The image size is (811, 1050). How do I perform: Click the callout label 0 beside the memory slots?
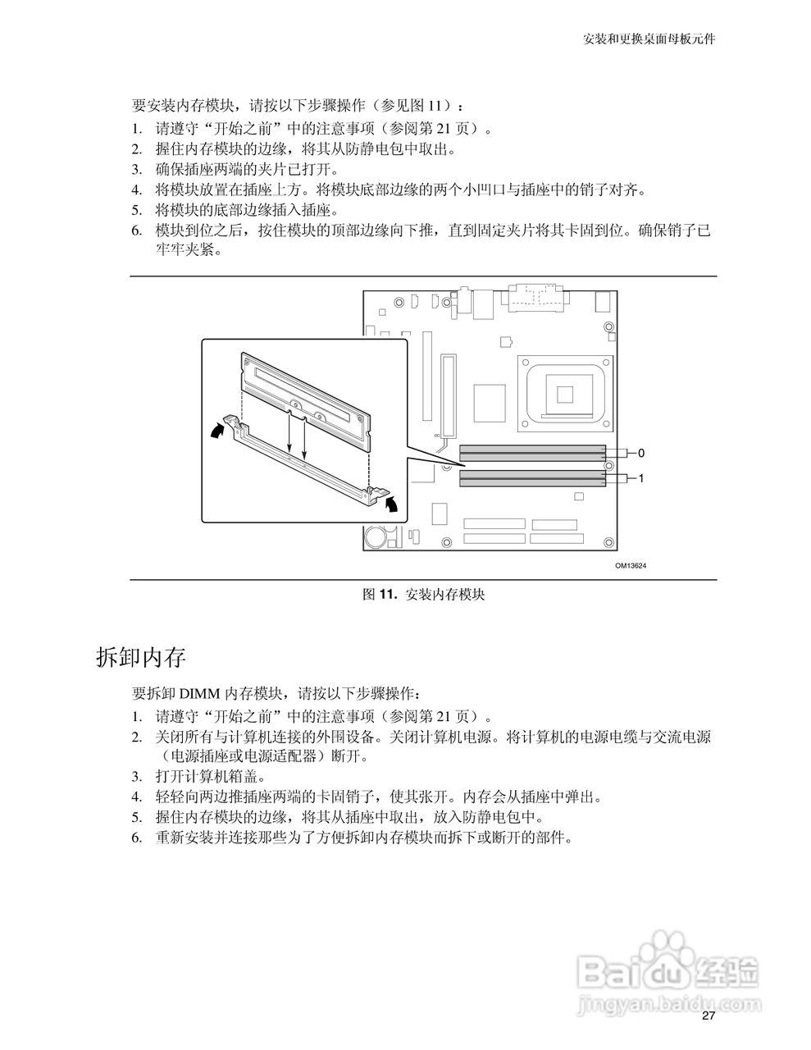point(642,453)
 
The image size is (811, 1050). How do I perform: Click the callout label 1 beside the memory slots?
point(642,478)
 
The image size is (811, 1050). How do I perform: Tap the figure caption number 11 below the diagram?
point(388,595)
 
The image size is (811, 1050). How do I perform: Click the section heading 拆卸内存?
point(141,657)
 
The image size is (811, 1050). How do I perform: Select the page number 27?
point(708,1016)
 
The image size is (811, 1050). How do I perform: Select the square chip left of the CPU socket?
point(489,403)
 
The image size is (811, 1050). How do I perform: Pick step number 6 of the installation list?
point(137,231)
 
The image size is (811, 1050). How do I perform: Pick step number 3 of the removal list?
point(137,776)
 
